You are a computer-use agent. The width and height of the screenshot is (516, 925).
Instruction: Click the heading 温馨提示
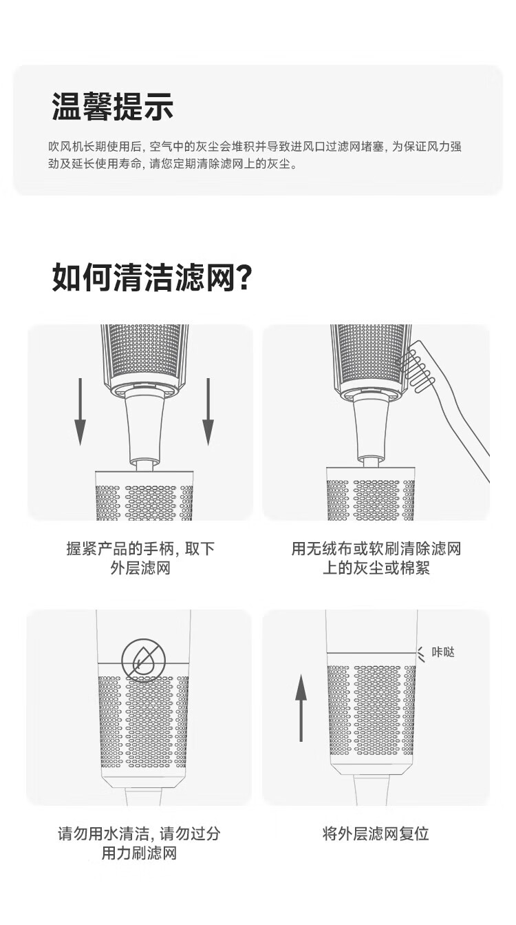(112, 107)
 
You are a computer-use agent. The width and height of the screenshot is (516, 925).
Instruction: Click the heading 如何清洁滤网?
(151, 278)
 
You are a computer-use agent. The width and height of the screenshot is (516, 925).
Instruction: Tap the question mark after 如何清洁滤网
(243, 278)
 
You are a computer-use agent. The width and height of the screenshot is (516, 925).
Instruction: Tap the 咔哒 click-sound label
(443, 652)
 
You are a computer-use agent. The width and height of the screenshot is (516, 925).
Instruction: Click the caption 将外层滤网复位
(376, 833)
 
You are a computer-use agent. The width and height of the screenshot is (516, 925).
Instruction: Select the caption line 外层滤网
(140, 568)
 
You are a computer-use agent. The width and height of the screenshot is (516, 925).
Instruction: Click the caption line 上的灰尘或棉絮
(376, 568)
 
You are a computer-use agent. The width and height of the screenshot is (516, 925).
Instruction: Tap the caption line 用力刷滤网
(140, 853)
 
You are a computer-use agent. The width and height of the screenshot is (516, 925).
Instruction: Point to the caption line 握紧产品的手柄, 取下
(140, 549)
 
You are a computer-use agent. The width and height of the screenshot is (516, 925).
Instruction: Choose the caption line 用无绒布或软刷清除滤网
(376, 549)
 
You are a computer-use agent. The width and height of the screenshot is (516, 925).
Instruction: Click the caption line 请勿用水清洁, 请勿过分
(140, 833)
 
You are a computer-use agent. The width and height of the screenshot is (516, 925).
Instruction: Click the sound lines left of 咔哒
(421, 652)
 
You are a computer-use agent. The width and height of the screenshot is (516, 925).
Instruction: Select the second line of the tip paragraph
(173, 165)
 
